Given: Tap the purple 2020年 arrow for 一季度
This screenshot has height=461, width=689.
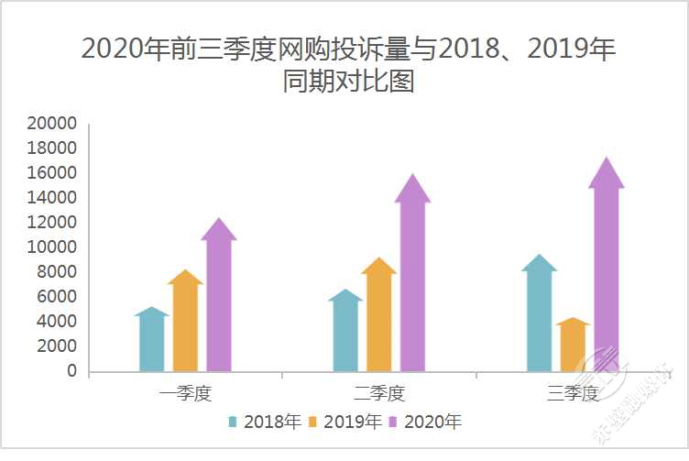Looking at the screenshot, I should pos(219,298).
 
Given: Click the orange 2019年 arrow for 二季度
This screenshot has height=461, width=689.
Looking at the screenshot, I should pos(378,316).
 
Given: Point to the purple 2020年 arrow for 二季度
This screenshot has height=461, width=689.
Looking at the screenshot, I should pos(412,275).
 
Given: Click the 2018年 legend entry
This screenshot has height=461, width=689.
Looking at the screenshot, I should pos(265,422).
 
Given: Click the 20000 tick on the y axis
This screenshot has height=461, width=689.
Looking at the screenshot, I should pos(51,124).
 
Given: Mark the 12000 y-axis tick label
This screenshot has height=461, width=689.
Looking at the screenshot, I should pos(51,223).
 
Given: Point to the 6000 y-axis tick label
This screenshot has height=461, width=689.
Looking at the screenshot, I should pos(57,297).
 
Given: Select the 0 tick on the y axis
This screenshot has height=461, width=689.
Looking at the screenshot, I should pos(71,371).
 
